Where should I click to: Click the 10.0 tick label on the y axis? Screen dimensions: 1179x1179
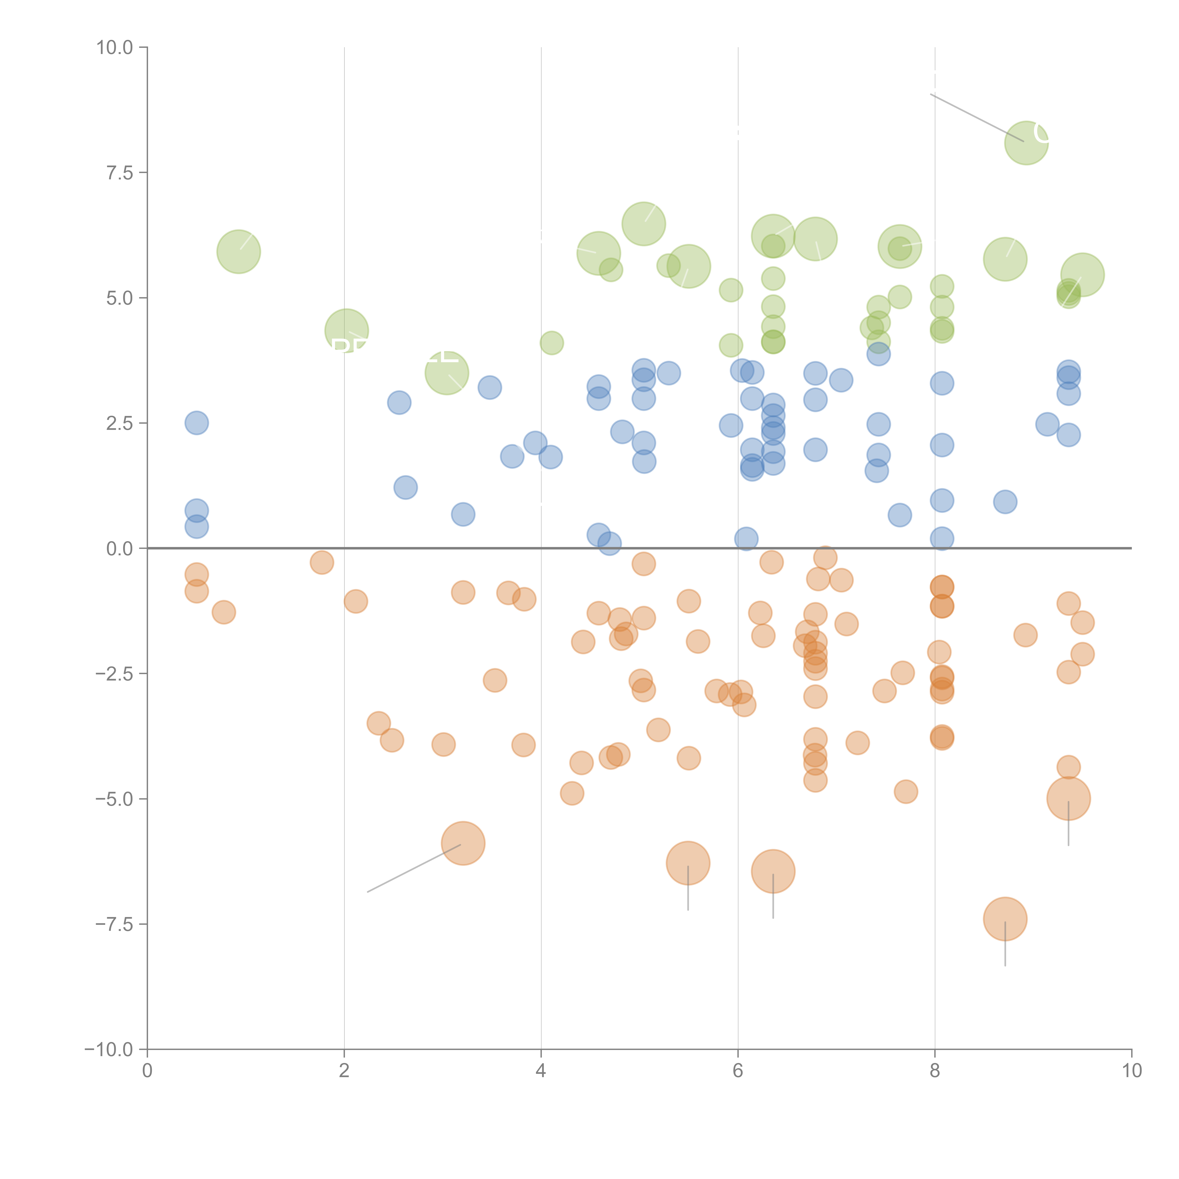point(115,48)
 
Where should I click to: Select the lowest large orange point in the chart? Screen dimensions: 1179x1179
point(1005,919)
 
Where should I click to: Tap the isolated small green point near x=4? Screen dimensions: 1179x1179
point(551,343)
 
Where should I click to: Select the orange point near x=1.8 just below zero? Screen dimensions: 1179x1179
point(322,562)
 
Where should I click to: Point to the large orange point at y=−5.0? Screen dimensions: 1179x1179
point(1068,798)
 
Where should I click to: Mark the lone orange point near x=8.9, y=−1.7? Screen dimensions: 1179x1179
point(1025,635)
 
